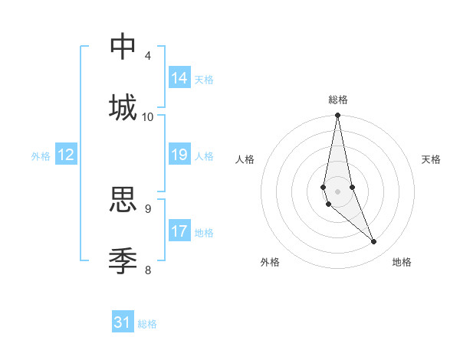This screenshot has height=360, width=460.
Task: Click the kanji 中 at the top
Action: (123, 47)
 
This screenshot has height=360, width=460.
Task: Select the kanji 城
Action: (123, 106)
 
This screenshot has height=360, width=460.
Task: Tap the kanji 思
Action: (123, 199)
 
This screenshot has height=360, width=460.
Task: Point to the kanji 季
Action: (123, 260)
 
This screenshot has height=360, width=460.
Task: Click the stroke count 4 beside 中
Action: (148, 56)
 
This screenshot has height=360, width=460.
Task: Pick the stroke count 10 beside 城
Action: (148, 116)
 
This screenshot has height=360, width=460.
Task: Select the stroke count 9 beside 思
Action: (148, 208)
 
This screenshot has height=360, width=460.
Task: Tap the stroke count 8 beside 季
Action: (148, 269)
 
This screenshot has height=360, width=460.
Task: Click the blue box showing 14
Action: (179, 78)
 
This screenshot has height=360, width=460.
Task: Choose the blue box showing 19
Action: (179, 155)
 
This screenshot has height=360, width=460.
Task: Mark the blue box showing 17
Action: (179, 231)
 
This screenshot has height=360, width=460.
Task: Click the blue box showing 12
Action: (66, 155)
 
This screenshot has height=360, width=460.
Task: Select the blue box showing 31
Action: (123, 322)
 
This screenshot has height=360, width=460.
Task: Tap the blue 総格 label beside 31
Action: (147, 324)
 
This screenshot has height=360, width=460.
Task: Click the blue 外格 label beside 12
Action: (41, 156)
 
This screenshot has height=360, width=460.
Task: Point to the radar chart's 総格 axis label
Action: (338, 100)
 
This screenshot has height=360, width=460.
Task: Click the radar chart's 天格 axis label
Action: (431, 159)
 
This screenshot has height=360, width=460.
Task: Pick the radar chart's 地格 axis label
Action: (402, 262)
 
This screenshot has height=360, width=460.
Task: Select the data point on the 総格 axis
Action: (338, 116)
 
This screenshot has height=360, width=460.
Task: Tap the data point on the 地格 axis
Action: (374, 242)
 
